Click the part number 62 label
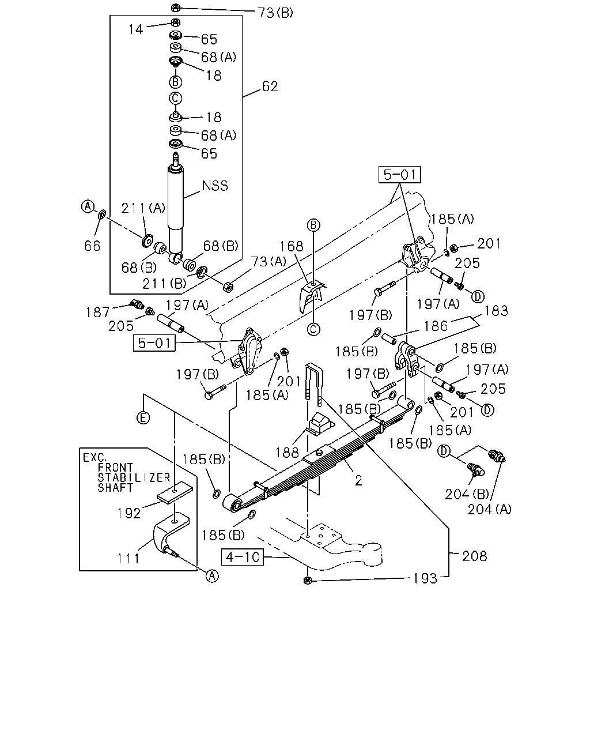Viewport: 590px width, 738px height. coord(270,86)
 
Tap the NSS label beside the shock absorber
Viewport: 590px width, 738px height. coord(215,186)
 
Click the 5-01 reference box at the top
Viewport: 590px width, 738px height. coord(399,175)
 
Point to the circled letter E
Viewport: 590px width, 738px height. coord(143,417)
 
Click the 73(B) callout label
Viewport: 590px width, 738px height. coord(275,13)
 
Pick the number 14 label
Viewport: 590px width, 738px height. coord(135,29)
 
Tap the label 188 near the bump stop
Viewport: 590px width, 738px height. coord(288,453)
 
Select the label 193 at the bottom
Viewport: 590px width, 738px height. coord(425,578)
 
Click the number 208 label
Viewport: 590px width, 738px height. coord(474,556)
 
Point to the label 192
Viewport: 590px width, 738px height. coord(129,513)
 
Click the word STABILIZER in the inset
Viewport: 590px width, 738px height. coord(134,478)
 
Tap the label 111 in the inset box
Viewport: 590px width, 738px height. coord(128,559)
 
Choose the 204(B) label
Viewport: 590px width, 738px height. coord(467,494)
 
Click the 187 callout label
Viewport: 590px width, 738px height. coord(98,312)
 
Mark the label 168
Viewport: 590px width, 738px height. coord(292,246)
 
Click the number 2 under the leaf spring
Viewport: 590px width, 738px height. coord(358,480)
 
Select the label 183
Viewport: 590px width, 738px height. coord(496,311)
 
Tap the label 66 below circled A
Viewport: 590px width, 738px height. coord(93,246)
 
